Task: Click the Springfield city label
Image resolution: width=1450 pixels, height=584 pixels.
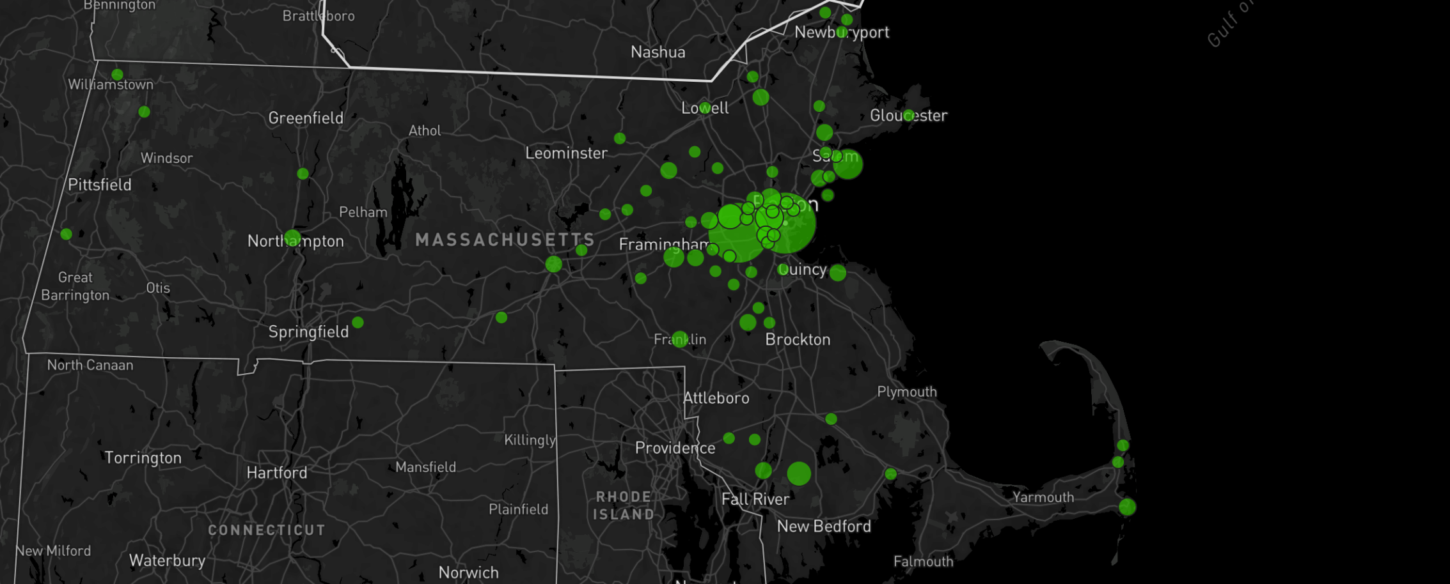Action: (x=308, y=332)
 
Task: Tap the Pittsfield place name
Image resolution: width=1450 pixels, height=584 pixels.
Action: (x=100, y=185)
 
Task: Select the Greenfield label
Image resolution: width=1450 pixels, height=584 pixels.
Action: (x=306, y=118)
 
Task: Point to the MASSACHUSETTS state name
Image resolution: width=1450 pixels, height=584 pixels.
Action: (x=505, y=240)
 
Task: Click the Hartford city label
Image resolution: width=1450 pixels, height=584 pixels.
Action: (x=277, y=473)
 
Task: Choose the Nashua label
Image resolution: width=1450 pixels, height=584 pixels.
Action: (x=658, y=52)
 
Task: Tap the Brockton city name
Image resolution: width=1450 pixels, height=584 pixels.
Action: (x=798, y=339)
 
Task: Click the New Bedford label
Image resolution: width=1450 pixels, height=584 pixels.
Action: (x=824, y=526)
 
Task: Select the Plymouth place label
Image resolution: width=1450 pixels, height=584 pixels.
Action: (x=906, y=392)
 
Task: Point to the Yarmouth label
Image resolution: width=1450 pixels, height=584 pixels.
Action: (x=1043, y=497)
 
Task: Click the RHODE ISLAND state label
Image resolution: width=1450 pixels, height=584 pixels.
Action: (x=624, y=505)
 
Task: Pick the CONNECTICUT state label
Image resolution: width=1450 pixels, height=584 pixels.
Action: (x=267, y=530)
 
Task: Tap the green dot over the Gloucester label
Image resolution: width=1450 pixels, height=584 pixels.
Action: (x=909, y=116)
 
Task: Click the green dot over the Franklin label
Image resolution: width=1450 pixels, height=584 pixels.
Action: (x=680, y=339)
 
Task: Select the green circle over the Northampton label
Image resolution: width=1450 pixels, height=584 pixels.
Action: (x=292, y=238)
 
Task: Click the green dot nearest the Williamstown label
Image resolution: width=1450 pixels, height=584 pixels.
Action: (x=117, y=75)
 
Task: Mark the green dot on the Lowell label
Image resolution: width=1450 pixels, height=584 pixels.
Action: (x=705, y=107)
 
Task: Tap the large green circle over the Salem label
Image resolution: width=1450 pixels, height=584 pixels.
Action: (x=848, y=164)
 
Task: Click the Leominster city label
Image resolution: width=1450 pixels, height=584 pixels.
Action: (x=566, y=153)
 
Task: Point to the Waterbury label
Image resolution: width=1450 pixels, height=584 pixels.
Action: (x=167, y=560)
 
